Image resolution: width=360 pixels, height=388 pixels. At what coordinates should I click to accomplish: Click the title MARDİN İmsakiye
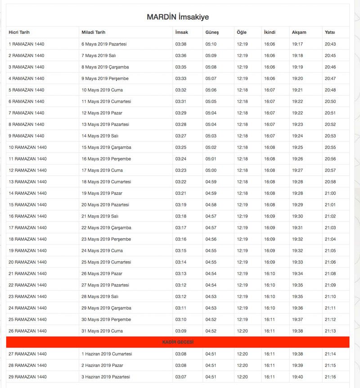click(x=177, y=17)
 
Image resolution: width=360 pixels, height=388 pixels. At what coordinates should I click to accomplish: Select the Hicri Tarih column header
click(x=19, y=32)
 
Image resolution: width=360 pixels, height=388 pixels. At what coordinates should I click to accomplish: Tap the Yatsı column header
click(x=330, y=32)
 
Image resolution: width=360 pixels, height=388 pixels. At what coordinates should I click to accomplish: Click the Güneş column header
click(x=212, y=32)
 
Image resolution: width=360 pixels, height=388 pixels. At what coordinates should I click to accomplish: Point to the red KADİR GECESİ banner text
click(x=178, y=343)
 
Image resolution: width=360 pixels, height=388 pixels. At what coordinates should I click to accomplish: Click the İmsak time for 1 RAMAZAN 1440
click(x=180, y=44)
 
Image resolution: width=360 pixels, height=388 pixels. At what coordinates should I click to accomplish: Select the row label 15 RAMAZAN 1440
click(x=27, y=205)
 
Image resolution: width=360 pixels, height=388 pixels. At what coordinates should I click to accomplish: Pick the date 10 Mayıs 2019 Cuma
click(x=102, y=90)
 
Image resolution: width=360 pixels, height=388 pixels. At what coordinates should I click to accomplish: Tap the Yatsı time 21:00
click(x=330, y=193)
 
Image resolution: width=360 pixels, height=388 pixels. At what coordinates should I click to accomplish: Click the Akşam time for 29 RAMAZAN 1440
click(x=297, y=377)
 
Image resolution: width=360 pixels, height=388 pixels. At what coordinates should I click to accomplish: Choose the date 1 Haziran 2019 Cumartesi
click(x=107, y=354)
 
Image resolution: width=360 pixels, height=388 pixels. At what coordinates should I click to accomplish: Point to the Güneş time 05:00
click(x=211, y=170)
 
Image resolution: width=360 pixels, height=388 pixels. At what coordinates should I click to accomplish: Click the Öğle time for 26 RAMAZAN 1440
click(x=242, y=331)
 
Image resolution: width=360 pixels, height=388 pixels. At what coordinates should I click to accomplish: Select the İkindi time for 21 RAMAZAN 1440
click(x=270, y=273)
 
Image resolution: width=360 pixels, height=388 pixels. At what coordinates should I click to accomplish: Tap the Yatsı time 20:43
click(x=330, y=44)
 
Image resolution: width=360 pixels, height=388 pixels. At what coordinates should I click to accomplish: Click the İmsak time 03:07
click(x=180, y=377)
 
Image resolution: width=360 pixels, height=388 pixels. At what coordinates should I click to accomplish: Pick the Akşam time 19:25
click(x=297, y=147)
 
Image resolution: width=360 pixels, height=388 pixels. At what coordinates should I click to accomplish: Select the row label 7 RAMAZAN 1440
click(x=26, y=113)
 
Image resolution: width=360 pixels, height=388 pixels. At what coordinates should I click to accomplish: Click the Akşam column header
click(x=299, y=32)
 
